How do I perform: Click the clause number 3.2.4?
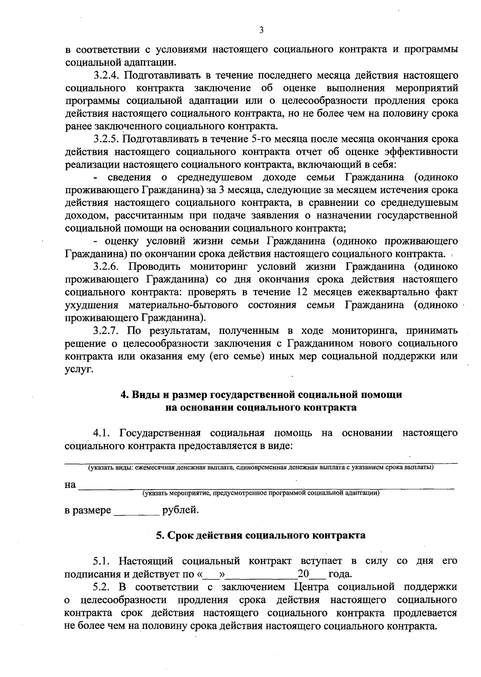(107, 75)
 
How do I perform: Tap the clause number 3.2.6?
(107, 266)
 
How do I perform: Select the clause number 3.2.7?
(107, 330)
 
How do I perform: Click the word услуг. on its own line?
(79, 369)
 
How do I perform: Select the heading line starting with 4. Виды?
(261, 394)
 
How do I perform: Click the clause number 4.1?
(101, 433)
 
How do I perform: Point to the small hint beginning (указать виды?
(261, 468)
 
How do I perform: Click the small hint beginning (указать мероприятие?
(261, 493)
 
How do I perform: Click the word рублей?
(180, 510)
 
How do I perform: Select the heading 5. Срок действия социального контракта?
(261, 535)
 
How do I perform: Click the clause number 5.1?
(101, 561)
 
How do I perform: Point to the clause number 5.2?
(101, 587)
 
